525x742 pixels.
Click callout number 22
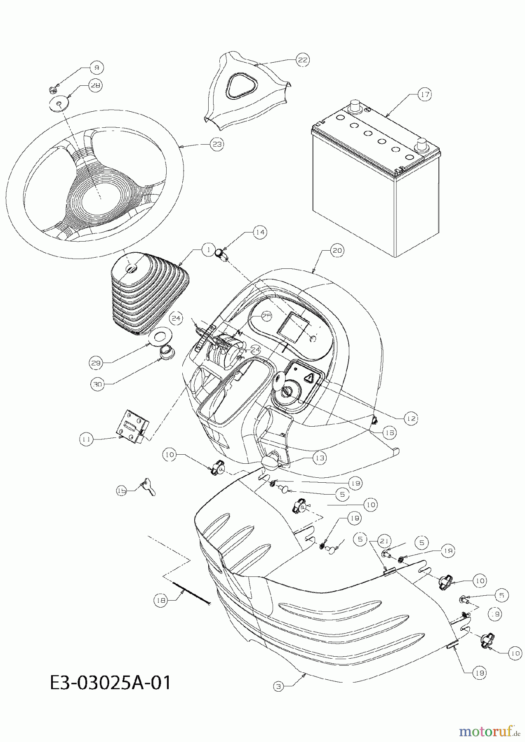point(303,60)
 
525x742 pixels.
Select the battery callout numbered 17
point(425,94)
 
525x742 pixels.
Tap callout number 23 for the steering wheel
point(217,144)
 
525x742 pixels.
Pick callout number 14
point(260,232)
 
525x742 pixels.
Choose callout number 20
point(337,250)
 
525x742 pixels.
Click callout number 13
point(319,458)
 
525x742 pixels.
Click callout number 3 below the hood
point(279,686)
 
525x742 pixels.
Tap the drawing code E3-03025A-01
point(110,682)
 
